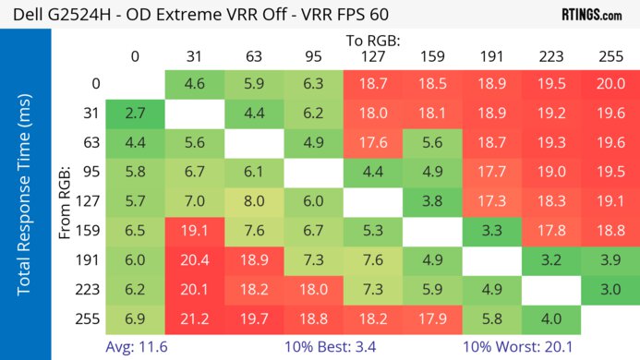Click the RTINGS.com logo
(x=591, y=15)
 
